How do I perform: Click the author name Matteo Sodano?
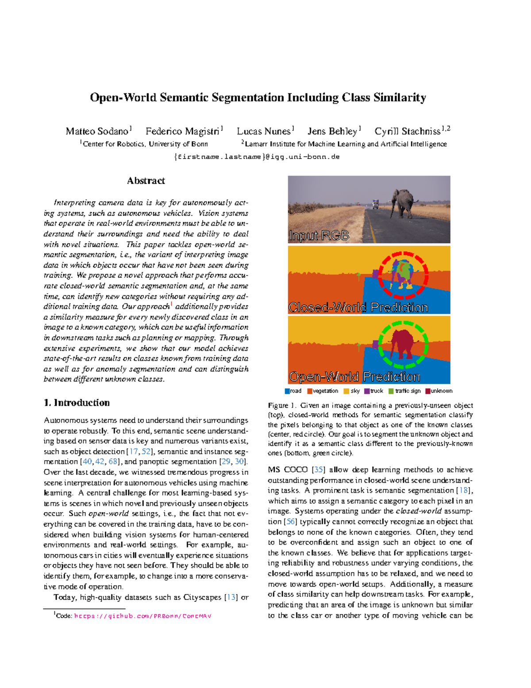(x=96, y=132)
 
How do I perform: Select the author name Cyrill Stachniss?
(x=407, y=132)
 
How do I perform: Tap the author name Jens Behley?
(x=332, y=132)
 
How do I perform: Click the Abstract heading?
(x=146, y=181)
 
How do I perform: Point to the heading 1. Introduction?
(x=77, y=403)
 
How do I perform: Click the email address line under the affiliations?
(x=257, y=157)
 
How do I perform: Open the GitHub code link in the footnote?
(x=142, y=616)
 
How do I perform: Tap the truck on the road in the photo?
(x=376, y=204)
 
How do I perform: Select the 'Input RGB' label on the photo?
(x=319, y=236)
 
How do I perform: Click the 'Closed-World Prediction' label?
(x=358, y=307)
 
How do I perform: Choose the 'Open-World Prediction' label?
(x=354, y=377)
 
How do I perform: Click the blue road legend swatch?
(x=287, y=391)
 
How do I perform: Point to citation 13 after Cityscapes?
(x=231, y=597)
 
